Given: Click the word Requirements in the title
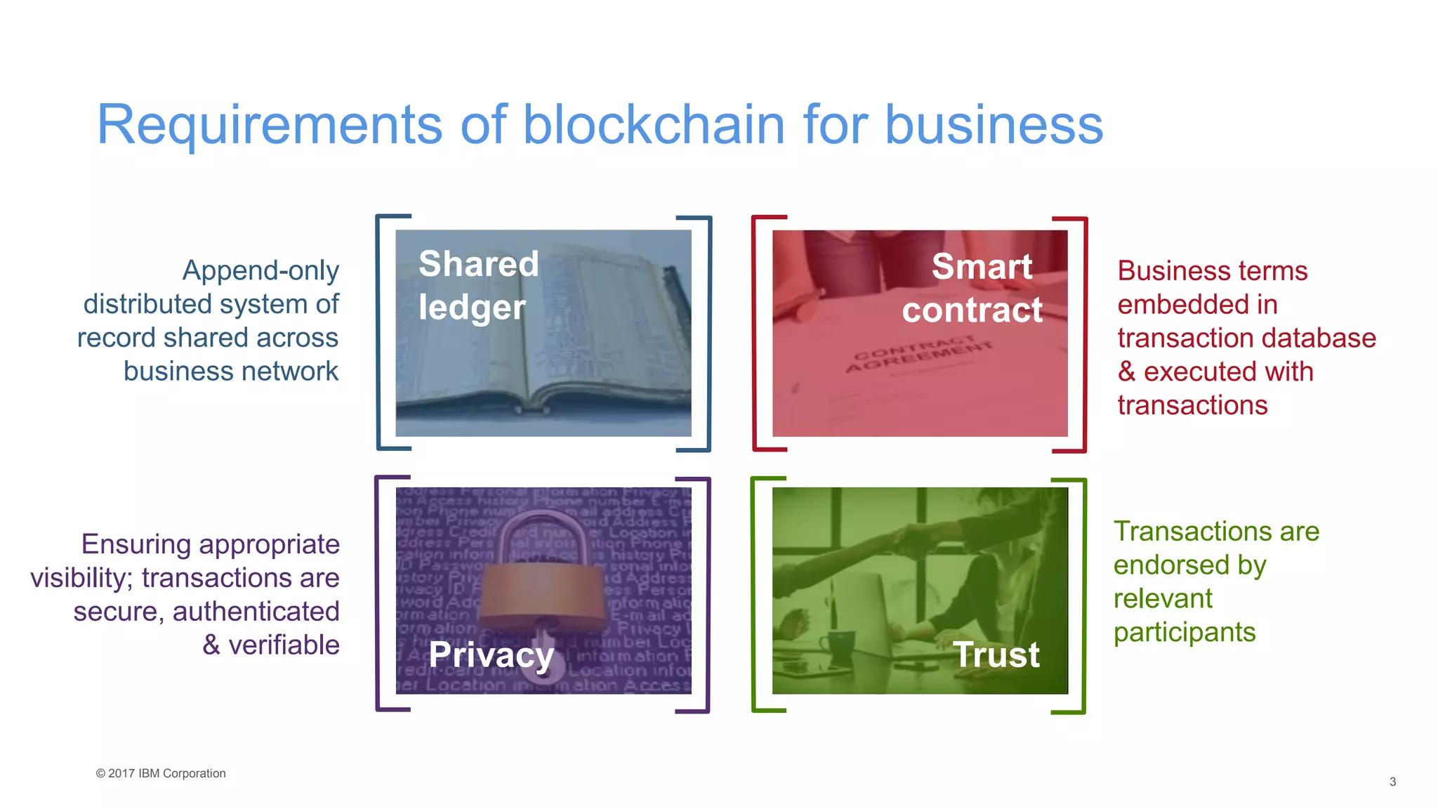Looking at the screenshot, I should click(x=269, y=125).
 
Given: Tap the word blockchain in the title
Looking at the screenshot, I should click(x=654, y=125).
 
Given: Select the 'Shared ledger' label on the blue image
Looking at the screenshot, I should click(x=478, y=285).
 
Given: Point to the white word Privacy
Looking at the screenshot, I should click(x=491, y=655).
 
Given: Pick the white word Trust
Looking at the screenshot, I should click(x=996, y=655).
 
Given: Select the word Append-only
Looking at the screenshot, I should click(x=260, y=270).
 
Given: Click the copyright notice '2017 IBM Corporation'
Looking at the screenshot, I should click(x=161, y=773).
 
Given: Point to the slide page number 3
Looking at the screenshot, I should click(x=1392, y=782).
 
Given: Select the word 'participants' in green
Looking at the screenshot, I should click(x=1184, y=633).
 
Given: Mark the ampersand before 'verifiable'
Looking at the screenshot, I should click(x=211, y=645).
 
